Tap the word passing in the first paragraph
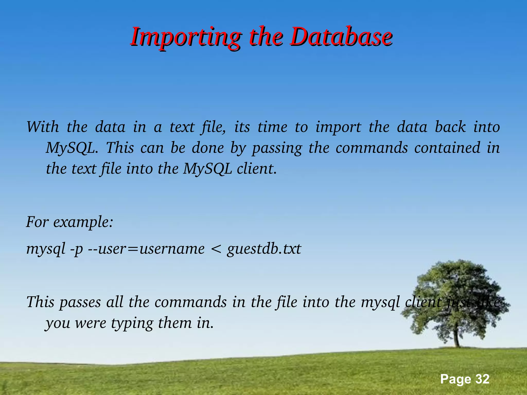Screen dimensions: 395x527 click(x=277, y=148)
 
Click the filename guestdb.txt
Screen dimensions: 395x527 click(x=264, y=249)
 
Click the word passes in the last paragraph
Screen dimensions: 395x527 click(x=80, y=302)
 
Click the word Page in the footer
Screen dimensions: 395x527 click(x=455, y=379)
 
